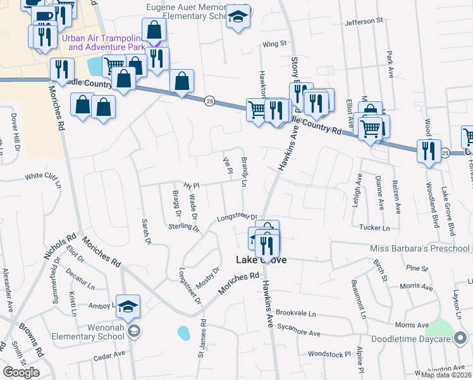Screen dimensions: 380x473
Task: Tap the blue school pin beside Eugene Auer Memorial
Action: coord(238,16)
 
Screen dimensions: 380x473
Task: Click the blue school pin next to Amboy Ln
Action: coord(128,306)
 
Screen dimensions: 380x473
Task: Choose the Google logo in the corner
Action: coord(21,372)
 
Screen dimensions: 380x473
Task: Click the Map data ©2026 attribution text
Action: coord(446,375)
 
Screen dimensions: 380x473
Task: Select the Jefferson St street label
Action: coord(364,21)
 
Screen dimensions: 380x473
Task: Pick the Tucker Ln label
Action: coord(374,227)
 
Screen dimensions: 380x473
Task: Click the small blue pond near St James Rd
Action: coord(184,332)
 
